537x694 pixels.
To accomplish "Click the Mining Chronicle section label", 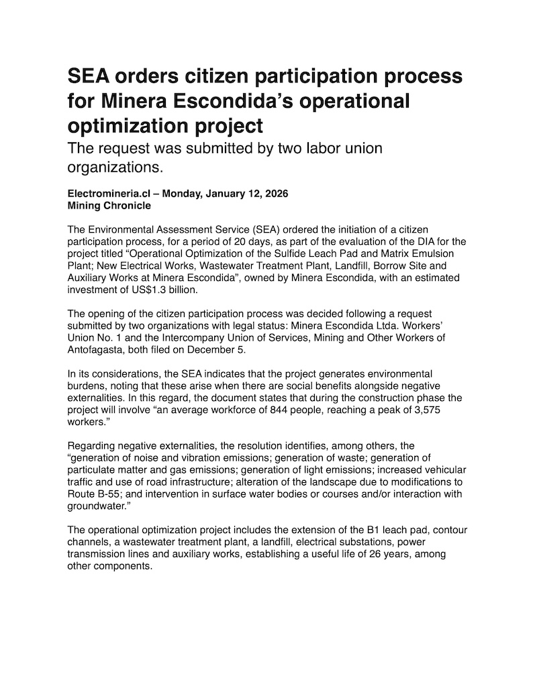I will point(109,205).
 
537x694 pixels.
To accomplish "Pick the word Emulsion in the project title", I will point(434,253).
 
